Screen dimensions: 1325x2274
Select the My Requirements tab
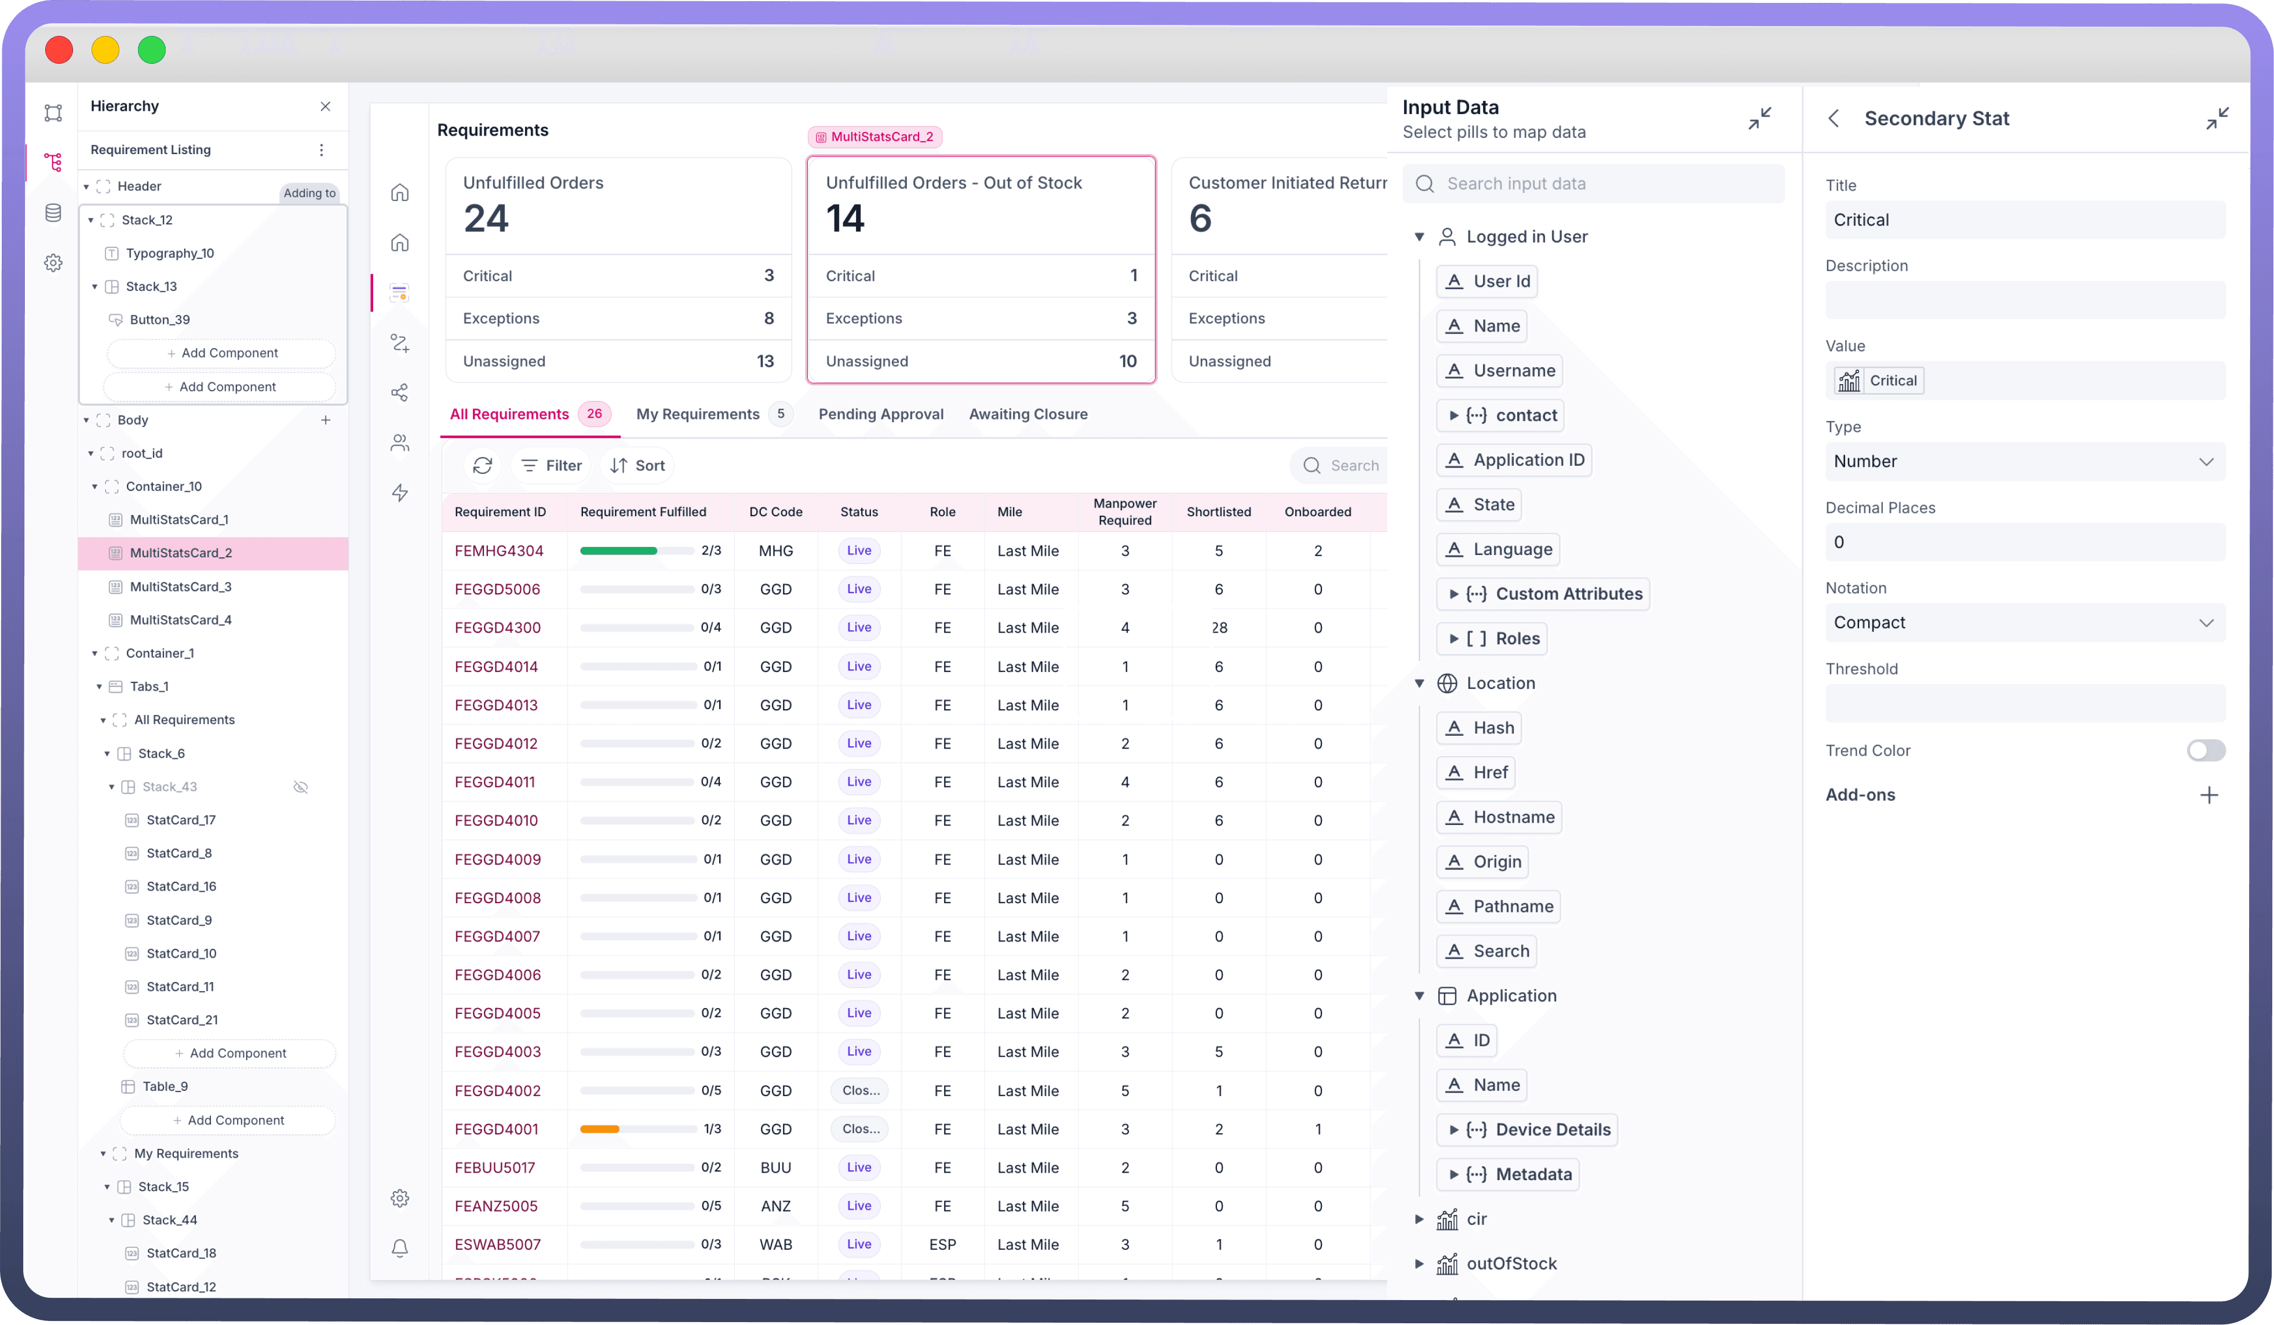[x=698, y=414]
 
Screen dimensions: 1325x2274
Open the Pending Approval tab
[x=881, y=414]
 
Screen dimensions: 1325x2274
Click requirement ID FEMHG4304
[x=499, y=550]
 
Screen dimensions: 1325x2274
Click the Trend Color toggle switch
[x=2206, y=750]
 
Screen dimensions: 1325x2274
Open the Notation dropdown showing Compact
[x=2024, y=622]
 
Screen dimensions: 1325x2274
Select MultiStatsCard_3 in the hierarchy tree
[x=180, y=586]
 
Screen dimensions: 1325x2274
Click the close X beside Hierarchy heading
[x=326, y=107]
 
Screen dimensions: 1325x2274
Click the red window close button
[x=60, y=50]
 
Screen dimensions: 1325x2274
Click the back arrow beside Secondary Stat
[x=1834, y=118]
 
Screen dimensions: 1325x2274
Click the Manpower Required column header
[x=1124, y=512]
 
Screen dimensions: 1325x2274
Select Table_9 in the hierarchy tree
[x=165, y=1086]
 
